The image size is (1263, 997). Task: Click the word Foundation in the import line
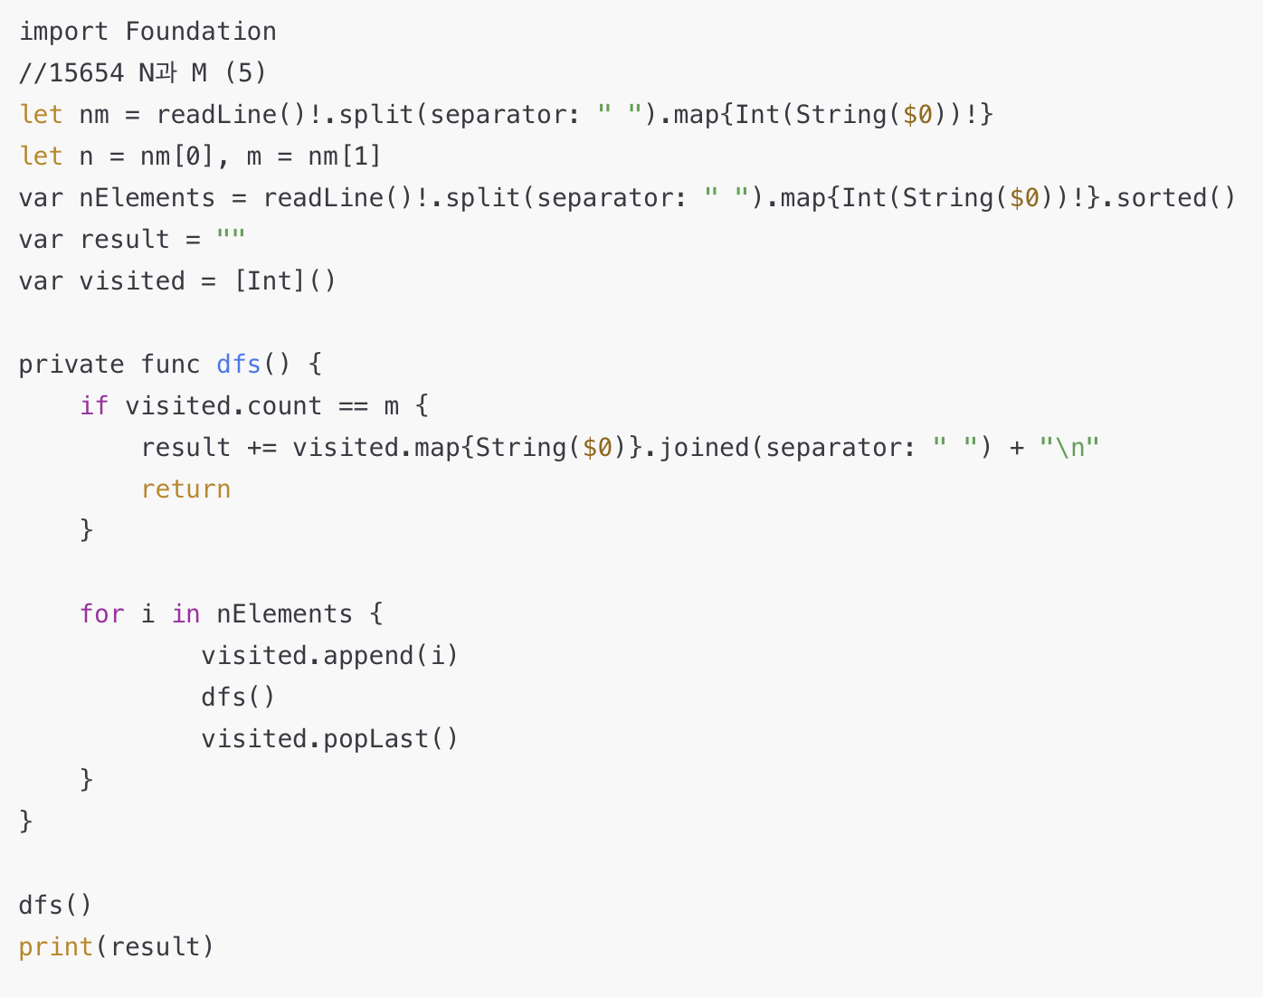201,32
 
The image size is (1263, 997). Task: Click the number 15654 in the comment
86,73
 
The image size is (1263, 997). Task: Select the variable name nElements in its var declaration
147,198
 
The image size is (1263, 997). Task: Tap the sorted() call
1175,198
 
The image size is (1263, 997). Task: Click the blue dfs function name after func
239,365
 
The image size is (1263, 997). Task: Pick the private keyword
71,365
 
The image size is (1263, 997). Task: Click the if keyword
94,406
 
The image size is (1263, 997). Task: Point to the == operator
353,406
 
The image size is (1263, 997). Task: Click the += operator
261,448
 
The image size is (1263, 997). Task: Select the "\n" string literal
1068,448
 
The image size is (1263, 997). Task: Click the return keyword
185,489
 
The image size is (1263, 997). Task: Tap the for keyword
101,614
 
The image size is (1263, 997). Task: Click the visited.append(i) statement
329,656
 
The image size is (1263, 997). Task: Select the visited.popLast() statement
329,739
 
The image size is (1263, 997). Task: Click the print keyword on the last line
56,947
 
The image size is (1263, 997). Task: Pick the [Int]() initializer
285,281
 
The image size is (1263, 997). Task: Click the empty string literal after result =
231,240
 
